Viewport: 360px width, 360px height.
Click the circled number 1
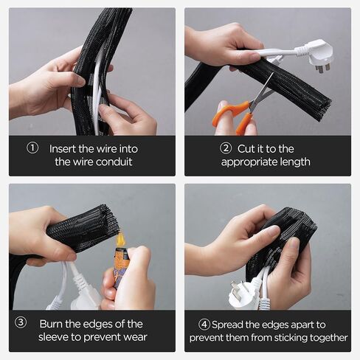click(x=32, y=148)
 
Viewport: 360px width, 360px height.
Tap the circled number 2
click(x=226, y=148)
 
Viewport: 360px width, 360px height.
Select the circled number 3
click(x=21, y=322)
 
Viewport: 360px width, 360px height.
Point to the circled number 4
click(x=204, y=325)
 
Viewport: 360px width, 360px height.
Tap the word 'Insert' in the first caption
click(x=63, y=149)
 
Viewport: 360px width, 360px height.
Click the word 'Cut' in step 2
click(x=245, y=149)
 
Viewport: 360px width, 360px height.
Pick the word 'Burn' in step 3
click(x=51, y=324)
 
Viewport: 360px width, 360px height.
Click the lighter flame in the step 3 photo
click(x=120, y=240)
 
